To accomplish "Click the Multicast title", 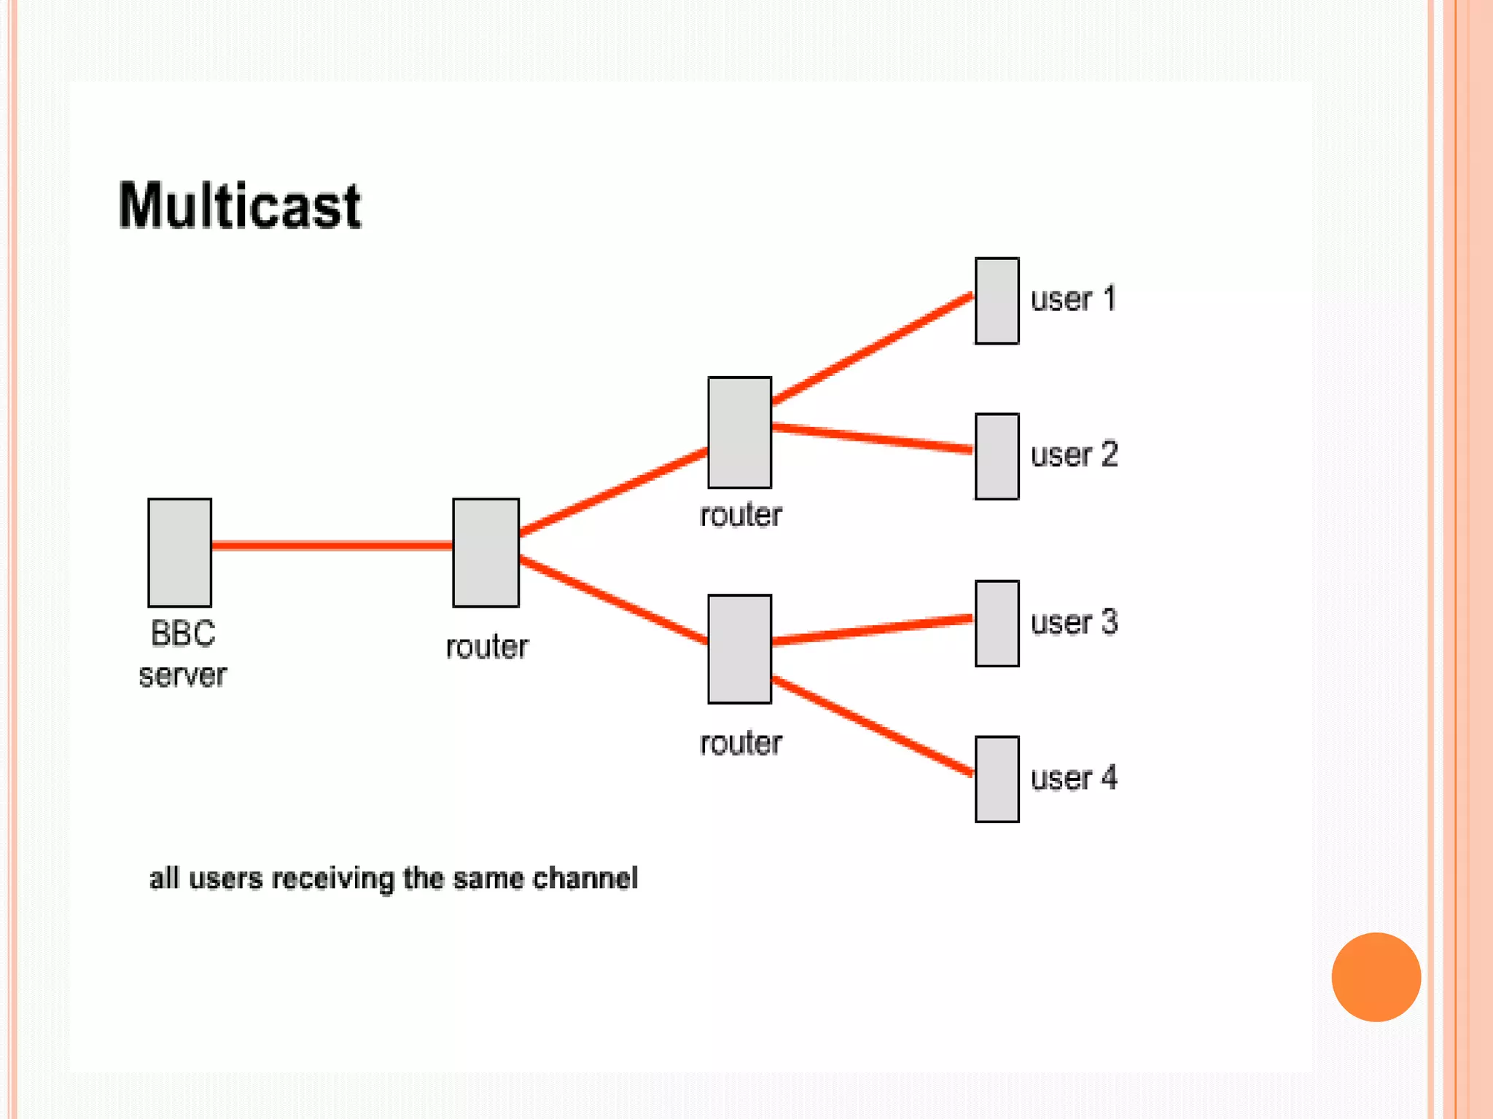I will click(239, 206).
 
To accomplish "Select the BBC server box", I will click(179, 552).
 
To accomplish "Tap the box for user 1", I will click(997, 300).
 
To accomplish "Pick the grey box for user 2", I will click(997, 456).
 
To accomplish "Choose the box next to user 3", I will click(997, 623).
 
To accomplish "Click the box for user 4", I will click(997, 779).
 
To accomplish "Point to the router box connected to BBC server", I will click(486, 552).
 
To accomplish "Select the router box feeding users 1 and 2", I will click(739, 432).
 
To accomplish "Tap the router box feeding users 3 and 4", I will click(739, 648).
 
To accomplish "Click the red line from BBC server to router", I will click(332, 545).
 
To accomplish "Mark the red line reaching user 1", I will click(872, 349).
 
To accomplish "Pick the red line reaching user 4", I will click(872, 726).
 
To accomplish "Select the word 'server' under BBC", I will click(182, 675).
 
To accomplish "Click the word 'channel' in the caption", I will click(585, 878).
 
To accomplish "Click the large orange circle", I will click(1376, 977).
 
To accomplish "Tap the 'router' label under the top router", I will click(741, 515).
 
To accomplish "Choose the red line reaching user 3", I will click(872, 629).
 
